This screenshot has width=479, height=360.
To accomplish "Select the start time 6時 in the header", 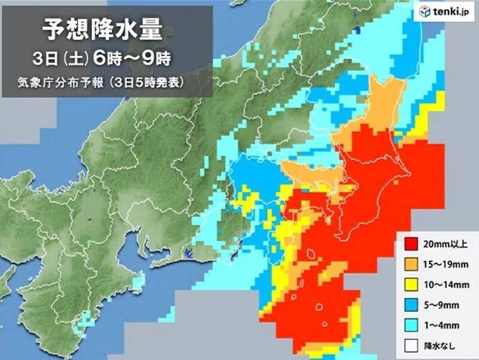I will pos(115,59).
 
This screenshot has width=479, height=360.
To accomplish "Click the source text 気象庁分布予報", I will pos(62,83).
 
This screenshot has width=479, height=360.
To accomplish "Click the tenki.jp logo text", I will pos(448,11).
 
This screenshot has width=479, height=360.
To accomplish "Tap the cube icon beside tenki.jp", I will pos(425,11).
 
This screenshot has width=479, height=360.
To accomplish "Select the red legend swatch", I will pos(411,244).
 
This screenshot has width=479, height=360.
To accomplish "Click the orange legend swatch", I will pos(411,264).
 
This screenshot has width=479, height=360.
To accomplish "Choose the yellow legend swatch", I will pos(411,285).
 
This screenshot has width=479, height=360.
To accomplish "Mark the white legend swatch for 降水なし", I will pos(411,346).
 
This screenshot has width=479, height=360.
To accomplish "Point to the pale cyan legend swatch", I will pos(411,325).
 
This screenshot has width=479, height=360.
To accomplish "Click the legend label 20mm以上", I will pos(444,244).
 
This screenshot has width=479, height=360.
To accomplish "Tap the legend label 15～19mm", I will pos(445,264).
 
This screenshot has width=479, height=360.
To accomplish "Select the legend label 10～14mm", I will pos(445,285).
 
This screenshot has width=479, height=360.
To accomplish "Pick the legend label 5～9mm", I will pos(441,305).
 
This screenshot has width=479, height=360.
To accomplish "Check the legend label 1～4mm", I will pos(441,325).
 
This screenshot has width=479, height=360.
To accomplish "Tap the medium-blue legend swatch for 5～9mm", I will pos(411,305).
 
